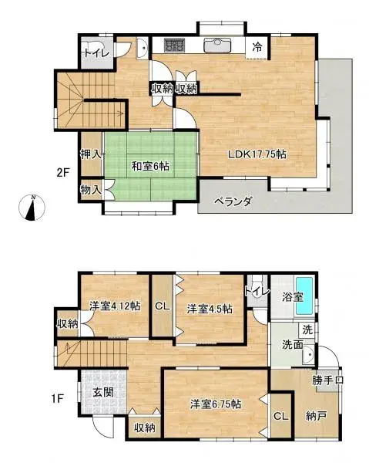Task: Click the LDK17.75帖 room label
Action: pyautogui.click(x=257, y=154)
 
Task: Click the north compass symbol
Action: pyautogui.click(x=33, y=208)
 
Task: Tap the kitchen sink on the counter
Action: pyautogui.click(x=221, y=44)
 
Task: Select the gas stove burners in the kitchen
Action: pyautogui.click(x=174, y=45)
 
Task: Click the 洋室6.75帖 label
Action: pyautogui.click(x=215, y=403)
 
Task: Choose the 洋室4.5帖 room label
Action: pyautogui.click(x=208, y=309)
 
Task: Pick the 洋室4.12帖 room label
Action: pyautogui.click(x=114, y=305)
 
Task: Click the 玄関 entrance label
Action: pyautogui.click(x=102, y=391)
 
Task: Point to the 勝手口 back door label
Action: pyautogui.click(x=327, y=380)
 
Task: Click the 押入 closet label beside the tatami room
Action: pyautogui.click(x=91, y=154)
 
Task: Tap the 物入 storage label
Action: pyautogui.click(x=91, y=188)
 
